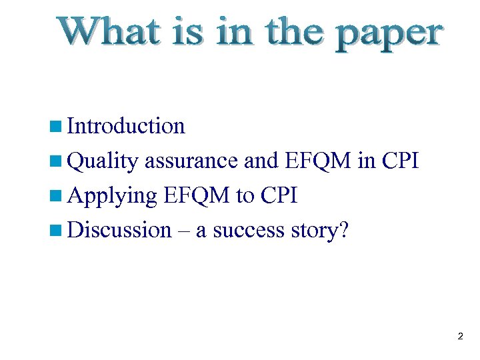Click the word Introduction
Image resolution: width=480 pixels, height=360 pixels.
point(126,126)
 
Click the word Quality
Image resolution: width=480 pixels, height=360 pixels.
point(103,161)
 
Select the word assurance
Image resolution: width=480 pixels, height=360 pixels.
point(191,161)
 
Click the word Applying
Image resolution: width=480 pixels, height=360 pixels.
point(113,196)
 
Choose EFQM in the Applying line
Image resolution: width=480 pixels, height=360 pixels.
point(197,195)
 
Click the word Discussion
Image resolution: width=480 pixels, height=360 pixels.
point(120,230)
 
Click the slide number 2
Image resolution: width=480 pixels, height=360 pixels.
point(460,337)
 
